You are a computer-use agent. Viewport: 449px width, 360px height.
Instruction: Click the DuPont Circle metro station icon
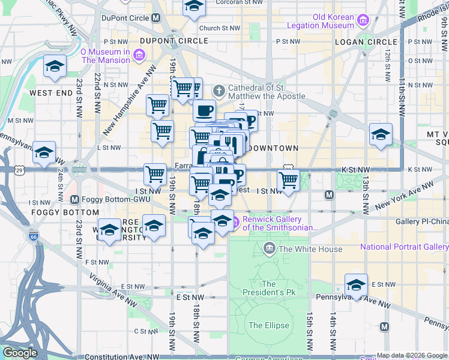(x=156, y=18)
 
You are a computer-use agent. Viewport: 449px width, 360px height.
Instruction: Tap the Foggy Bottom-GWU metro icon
(x=74, y=199)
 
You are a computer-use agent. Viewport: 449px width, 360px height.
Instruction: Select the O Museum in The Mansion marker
(x=139, y=56)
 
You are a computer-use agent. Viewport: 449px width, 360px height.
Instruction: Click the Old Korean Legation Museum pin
(x=363, y=22)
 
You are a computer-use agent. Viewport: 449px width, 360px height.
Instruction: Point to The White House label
(x=310, y=249)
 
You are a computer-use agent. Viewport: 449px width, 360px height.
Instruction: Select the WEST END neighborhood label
(x=51, y=93)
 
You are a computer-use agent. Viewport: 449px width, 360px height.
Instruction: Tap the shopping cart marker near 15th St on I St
(x=289, y=180)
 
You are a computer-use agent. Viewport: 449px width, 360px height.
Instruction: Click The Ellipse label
(x=269, y=326)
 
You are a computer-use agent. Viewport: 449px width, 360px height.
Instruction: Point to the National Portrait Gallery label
(x=404, y=247)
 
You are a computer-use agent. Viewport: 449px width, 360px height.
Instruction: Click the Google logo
(x=20, y=353)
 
